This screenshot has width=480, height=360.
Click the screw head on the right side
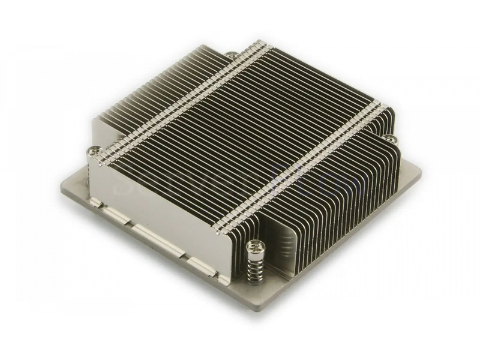click(x=391, y=139)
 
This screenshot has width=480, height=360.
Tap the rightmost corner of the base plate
click(x=419, y=170)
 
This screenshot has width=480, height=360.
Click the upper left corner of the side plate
click(x=89, y=161)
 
